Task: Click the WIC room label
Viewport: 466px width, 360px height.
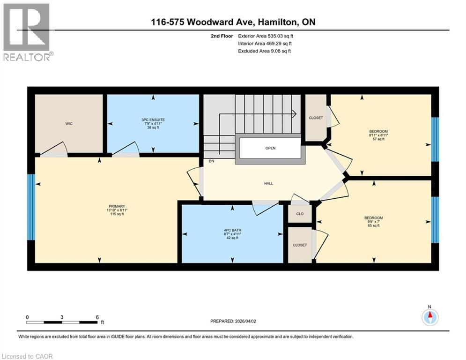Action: pyautogui.click(x=69, y=123)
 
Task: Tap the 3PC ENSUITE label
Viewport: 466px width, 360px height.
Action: pyautogui.click(x=153, y=120)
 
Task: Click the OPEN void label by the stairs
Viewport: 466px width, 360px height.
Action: pyautogui.click(x=270, y=148)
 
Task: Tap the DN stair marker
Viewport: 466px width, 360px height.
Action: pyautogui.click(x=211, y=161)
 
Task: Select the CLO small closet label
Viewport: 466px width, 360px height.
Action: pyautogui.click(x=300, y=214)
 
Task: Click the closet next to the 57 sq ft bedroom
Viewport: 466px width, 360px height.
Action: pyautogui.click(x=316, y=118)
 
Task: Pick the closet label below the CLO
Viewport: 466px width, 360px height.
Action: pyautogui.click(x=300, y=245)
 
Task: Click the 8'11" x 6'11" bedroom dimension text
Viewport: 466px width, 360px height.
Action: pyautogui.click(x=378, y=135)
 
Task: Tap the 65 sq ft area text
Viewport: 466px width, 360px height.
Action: pyautogui.click(x=374, y=225)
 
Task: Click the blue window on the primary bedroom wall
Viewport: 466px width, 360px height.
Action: pyautogui.click(x=31, y=207)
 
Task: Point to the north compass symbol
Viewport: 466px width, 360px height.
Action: pyautogui.click(x=429, y=316)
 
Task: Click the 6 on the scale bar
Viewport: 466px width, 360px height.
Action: pyautogui.click(x=96, y=317)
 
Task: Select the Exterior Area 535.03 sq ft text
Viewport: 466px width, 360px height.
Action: pyautogui.click(x=266, y=36)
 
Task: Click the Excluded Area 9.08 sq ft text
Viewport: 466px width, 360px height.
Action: pyautogui.click(x=265, y=51)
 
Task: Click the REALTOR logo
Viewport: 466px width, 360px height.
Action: pyautogui.click(x=27, y=32)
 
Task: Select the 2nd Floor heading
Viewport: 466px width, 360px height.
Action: pyautogui.click(x=222, y=36)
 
